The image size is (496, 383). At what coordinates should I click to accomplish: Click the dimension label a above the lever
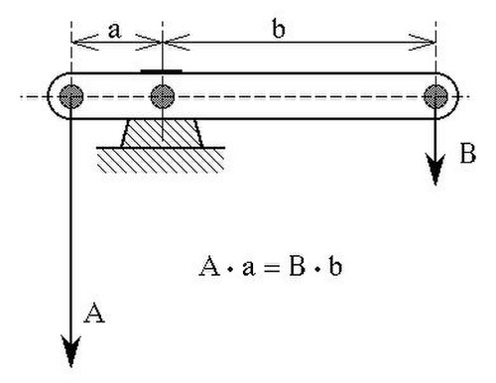pos(114,31)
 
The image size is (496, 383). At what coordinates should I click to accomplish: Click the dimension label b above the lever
pos(279,28)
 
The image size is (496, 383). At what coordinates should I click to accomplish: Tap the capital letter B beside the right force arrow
pos(468,154)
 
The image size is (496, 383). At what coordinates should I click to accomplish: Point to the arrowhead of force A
pos(71,351)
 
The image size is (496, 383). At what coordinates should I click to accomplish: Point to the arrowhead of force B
pos(435,170)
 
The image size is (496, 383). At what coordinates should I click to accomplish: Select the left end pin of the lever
pos(71,96)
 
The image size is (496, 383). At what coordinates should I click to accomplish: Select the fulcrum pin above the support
pos(163,96)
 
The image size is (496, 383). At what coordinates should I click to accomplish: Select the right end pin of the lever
pos(435,96)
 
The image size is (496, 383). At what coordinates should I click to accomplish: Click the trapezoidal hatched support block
pos(162,133)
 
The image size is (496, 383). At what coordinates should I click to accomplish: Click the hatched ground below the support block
pos(161,160)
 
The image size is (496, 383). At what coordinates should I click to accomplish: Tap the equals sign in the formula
pos(272,267)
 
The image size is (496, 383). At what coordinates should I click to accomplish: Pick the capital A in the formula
pos(209,266)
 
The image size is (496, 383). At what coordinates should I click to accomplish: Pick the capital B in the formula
pos(297,266)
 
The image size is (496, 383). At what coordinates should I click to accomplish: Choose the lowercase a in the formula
pos(249,268)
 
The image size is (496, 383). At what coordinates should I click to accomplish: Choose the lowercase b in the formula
pos(335,266)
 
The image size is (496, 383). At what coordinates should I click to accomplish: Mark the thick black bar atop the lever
pos(162,70)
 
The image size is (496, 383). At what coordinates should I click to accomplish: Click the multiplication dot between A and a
pos(230,270)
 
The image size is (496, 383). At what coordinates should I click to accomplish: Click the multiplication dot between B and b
pos(317,270)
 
